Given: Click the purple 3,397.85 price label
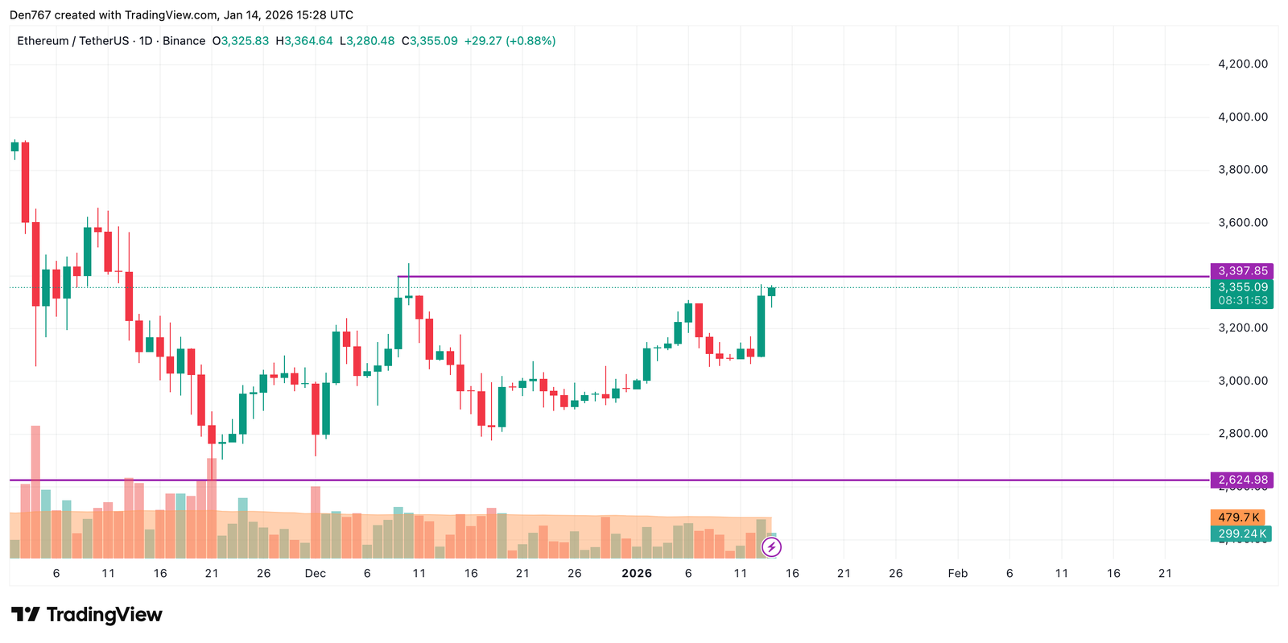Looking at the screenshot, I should click(x=1242, y=271).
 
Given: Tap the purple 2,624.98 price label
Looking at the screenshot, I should click(x=1242, y=480).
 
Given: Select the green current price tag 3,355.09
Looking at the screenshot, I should click(x=1242, y=287).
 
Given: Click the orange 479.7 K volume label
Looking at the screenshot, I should click(x=1237, y=517).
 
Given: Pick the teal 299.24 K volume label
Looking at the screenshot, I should click(x=1241, y=534).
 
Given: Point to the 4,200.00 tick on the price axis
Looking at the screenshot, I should click(x=1242, y=64).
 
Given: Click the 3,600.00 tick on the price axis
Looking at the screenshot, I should click(x=1242, y=223).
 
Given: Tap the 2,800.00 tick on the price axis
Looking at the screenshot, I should click(x=1242, y=434).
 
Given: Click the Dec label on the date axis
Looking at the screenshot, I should click(x=316, y=574).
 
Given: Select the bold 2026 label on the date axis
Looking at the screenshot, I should click(x=637, y=574).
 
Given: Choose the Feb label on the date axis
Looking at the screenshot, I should click(x=957, y=574).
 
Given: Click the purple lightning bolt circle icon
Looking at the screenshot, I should click(x=771, y=548).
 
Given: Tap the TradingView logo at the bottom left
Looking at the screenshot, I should click(x=87, y=615).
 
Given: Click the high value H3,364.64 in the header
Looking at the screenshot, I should click(x=304, y=41).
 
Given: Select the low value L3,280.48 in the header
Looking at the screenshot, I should click(x=367, y=41).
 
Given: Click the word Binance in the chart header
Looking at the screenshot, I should click(x=184, y=41).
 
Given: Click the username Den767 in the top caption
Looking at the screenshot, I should click(x=29, y=15).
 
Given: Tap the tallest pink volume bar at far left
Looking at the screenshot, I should click(x=35, y=491).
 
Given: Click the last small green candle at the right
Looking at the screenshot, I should click(x=771, y=291).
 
